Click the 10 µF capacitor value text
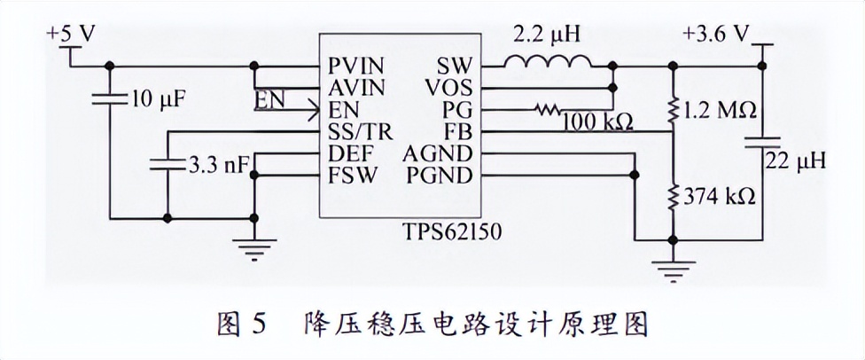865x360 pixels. (x=158, y=97)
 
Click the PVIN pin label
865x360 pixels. (x=355, y=67)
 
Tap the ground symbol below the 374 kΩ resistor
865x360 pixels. (x=673, y=266)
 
